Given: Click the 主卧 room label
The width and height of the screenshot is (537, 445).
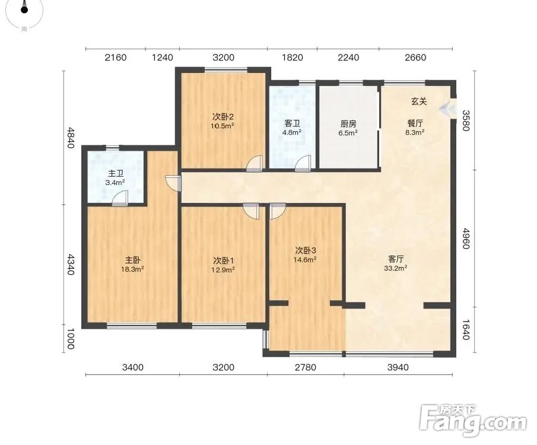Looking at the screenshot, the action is [132, 260].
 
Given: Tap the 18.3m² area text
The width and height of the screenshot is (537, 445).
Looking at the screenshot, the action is [132, 269].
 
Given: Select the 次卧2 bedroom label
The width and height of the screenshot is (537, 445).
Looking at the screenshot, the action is [223, 117].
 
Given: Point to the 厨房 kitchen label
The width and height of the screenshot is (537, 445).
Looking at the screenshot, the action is [348, 123].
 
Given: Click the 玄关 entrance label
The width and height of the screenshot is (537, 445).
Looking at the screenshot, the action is [419, 101].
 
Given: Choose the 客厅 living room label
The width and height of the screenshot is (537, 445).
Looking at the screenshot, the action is [396, 259].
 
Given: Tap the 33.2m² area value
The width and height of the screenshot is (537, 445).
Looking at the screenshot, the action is [396, 268].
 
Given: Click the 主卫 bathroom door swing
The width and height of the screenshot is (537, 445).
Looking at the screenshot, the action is [120, 199].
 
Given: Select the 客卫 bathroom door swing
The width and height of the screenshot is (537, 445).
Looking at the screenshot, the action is [303, 163].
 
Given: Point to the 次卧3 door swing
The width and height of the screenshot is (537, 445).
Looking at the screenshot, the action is [278, 211].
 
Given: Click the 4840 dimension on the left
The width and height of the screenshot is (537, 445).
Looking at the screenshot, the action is [70, 138].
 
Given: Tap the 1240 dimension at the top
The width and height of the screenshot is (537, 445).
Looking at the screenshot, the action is [163, 57].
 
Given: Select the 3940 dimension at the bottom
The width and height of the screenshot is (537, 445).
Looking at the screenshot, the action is [398, 368].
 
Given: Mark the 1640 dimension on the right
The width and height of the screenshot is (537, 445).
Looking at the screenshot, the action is [465, 329].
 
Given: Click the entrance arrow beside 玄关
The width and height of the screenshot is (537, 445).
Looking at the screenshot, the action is [449, 109].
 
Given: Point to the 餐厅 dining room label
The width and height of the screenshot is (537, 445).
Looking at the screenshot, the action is [415, 123].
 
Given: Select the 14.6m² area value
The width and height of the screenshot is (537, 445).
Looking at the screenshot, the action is [304, 259].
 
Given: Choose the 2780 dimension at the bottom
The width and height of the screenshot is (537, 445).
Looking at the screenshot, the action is [306, 368].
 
